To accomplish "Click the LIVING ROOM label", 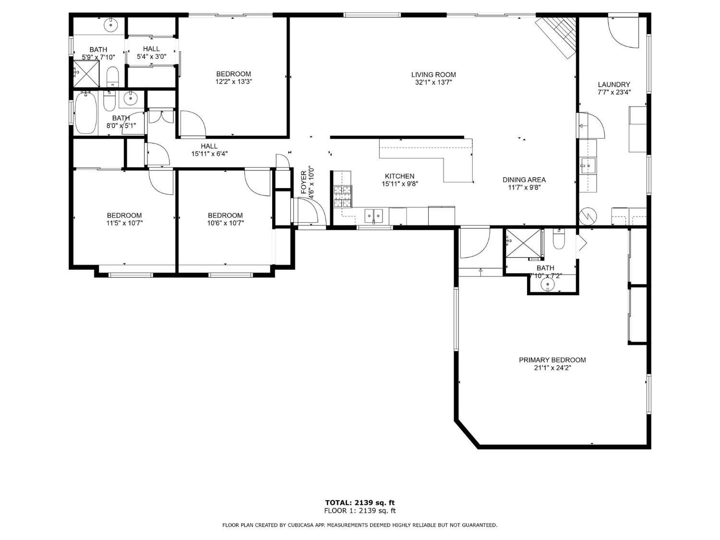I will (x=433, y=74).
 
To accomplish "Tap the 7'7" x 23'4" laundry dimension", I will (x=614, y=92).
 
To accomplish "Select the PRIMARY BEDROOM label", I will (x=552, y=360).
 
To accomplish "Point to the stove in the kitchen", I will (x=343, y=196).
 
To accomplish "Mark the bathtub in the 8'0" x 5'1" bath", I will (x=86, y=113).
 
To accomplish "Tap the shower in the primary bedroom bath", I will (x=523, y=243).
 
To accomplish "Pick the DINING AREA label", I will (x=524, y=180).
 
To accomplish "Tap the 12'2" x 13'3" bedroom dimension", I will (x=234, y=82).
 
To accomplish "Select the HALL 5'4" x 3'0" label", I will (x=151, y=52).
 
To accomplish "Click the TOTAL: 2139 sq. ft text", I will (x=360, y=503).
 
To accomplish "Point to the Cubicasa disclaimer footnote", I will (x=360, y=525).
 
